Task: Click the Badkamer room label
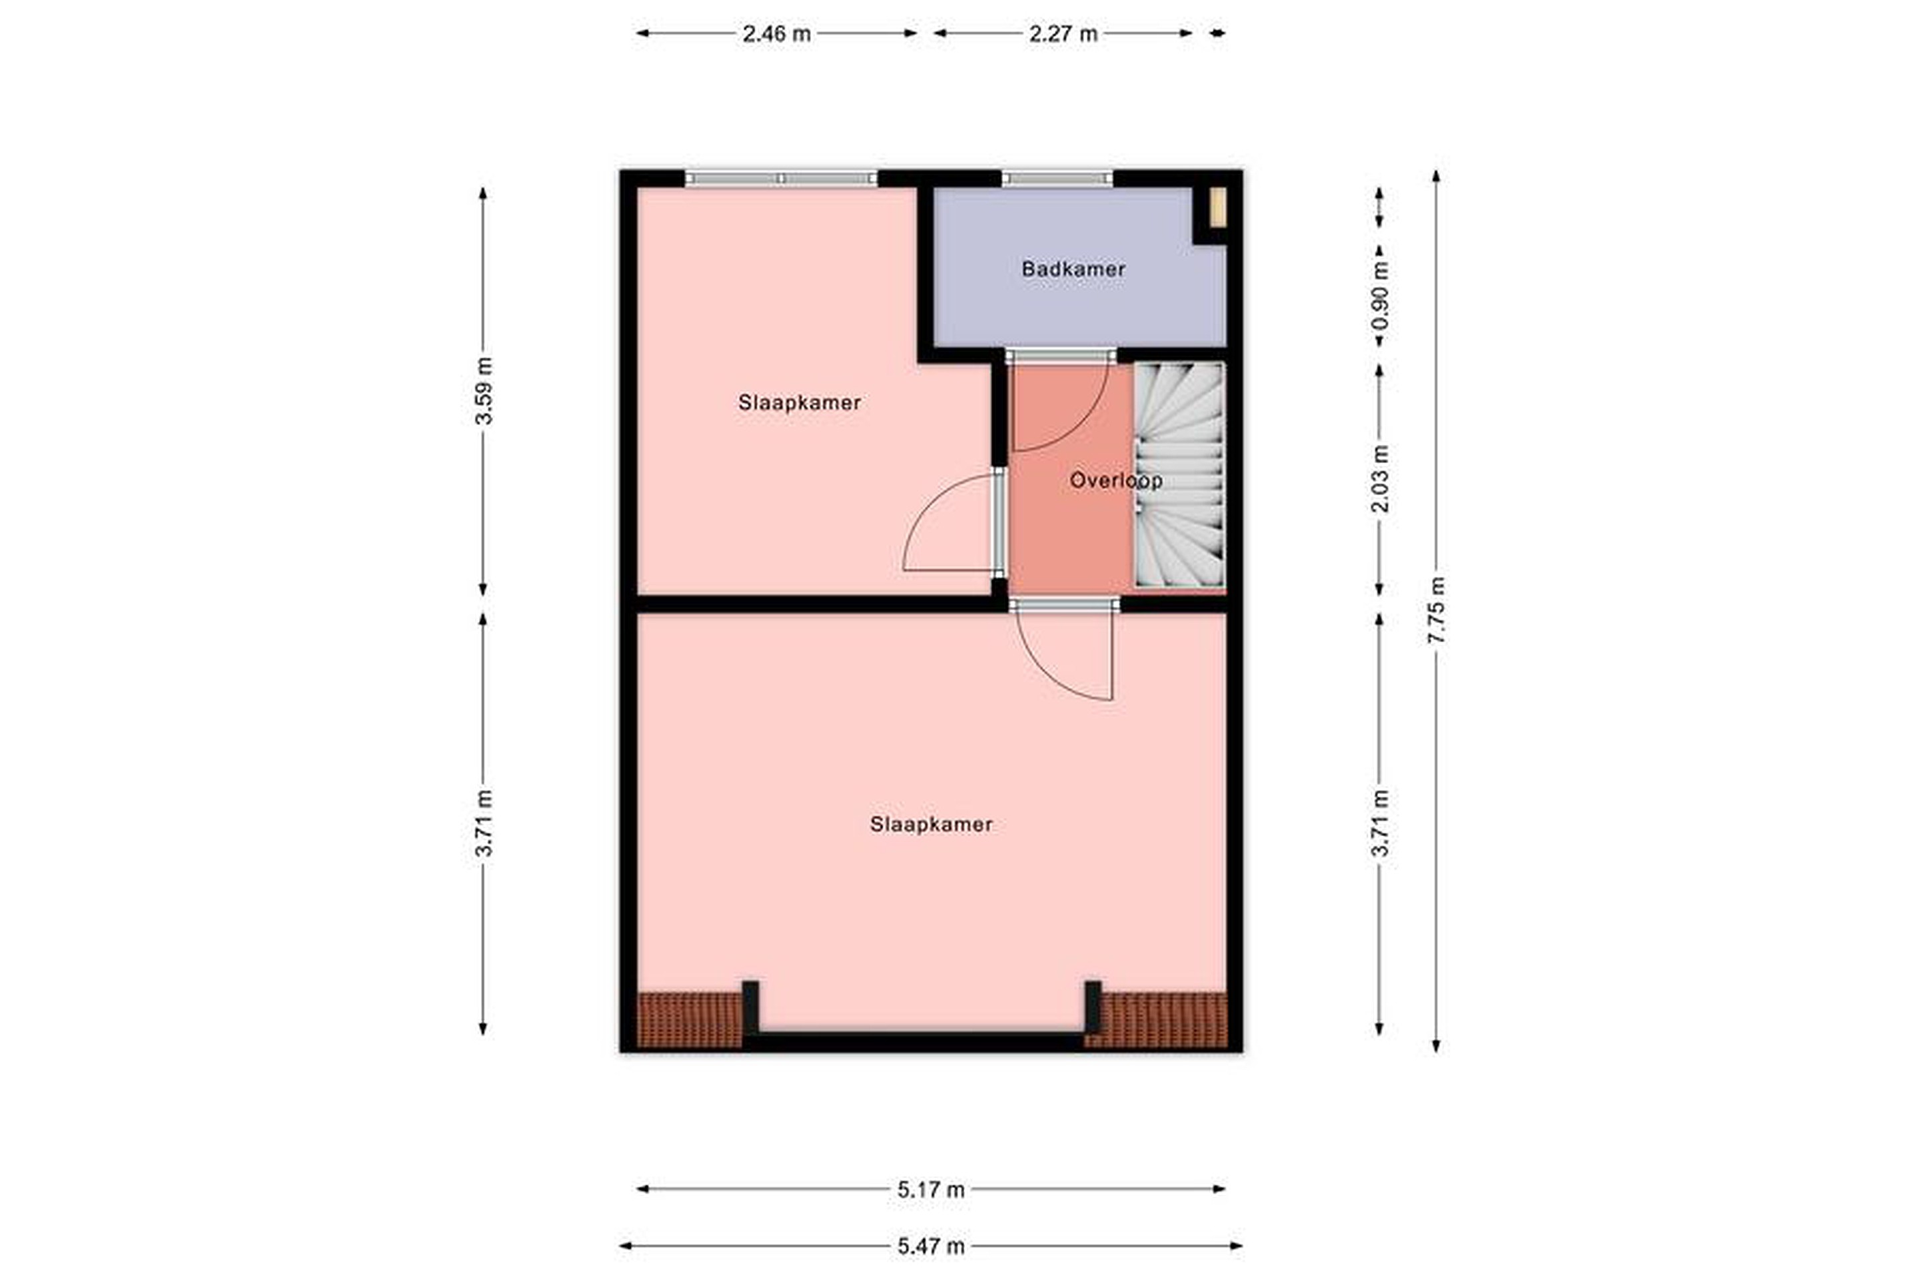point(1073,268)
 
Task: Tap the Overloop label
point(1115,480)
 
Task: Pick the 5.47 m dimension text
point(931,1246)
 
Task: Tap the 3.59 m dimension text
point(483,391)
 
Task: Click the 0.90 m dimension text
point(1380,295)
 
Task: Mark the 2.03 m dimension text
point(1380,478)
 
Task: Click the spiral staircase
point(1181,475)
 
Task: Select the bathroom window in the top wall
point(1057,179)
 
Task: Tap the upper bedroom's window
point(781,179)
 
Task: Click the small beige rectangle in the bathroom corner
point(1217,207)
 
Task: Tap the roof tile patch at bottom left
point(690,1020)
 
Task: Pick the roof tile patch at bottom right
point(1156,1020)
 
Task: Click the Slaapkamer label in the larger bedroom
point(931,825)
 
